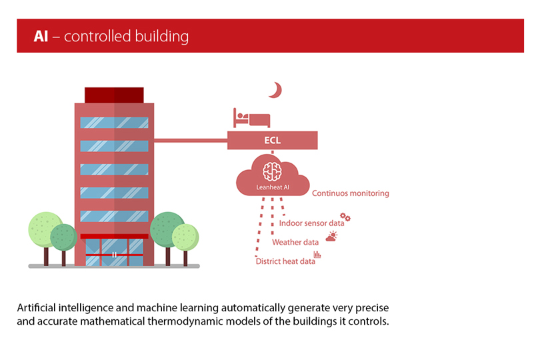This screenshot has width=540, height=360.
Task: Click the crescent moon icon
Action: pos(275,89)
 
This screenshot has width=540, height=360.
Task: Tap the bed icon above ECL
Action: pos(251,118)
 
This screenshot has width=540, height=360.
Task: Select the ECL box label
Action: pos(272,141)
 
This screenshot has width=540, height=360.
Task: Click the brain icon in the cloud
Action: pos(272,171)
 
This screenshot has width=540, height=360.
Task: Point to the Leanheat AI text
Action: pos(273,187)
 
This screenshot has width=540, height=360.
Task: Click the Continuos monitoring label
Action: pos(351,193)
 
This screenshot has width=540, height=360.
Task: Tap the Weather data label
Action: pos(295,242)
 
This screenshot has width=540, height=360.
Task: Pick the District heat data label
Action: pos(285,261)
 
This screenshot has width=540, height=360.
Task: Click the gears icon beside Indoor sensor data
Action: pos(345,217)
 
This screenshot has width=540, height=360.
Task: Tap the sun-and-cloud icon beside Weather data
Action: pos(331,236)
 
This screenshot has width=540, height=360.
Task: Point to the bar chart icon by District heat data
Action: pos(318,255)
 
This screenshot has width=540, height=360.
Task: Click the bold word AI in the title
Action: pos(41,36)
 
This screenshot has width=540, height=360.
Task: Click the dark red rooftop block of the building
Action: pos(114,95)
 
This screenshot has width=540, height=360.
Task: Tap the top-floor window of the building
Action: pos(114,123)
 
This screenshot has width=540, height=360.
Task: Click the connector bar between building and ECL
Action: pos(191,141)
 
